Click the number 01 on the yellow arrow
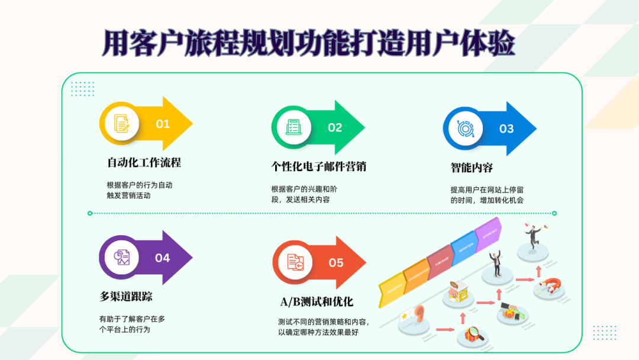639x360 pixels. pos(163,124)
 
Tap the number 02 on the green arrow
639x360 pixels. pos(335,127)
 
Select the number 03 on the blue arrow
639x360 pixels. pos(506,128)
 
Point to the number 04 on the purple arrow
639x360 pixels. pos(162,258)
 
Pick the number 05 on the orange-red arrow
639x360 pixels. pos(335,262)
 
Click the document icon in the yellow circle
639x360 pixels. pos(122,123)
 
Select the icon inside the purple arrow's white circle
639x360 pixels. pos(122,258)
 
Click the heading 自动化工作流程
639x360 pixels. pos(144,162)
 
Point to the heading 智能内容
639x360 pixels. pos(472,167)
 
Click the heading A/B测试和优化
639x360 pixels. pos(317,301)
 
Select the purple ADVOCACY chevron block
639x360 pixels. pos(489,233)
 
